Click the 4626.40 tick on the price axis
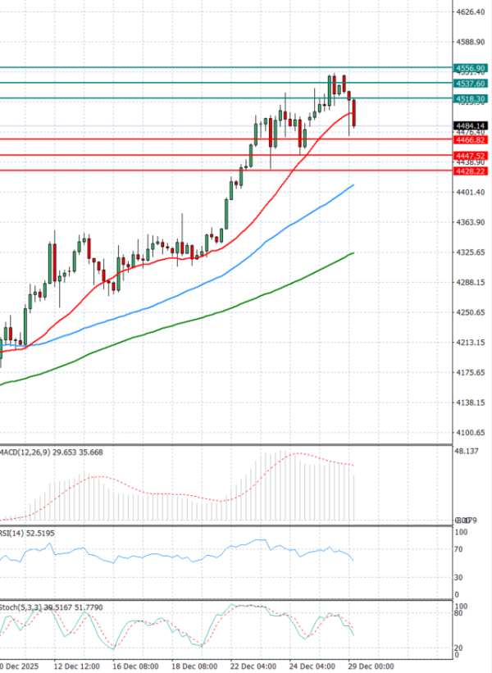(x=471, y=12)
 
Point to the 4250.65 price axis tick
(x=471, y=312)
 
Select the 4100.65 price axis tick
(x=471, y=432)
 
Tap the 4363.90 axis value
(x=471, y=222)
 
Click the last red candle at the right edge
(x=353, y=113)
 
